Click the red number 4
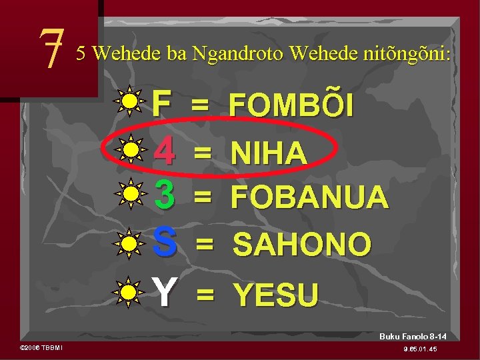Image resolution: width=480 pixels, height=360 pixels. click(x=164, y=151)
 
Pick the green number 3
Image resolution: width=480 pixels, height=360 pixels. click(x=164, y=194)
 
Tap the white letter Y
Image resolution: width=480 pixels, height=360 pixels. click(x=164, y=291)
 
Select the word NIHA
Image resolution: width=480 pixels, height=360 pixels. click(x=269, y=153)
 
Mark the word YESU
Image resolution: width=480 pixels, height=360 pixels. click(x=275, y=293)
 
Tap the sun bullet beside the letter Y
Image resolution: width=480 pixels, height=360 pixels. click(x=129, y=291)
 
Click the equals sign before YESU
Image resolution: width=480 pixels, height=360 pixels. click(x=205, y=293)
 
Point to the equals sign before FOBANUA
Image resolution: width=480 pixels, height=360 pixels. click(x=203, y=196)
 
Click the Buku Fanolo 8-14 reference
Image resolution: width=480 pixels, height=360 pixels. click(x=413, y=337)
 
